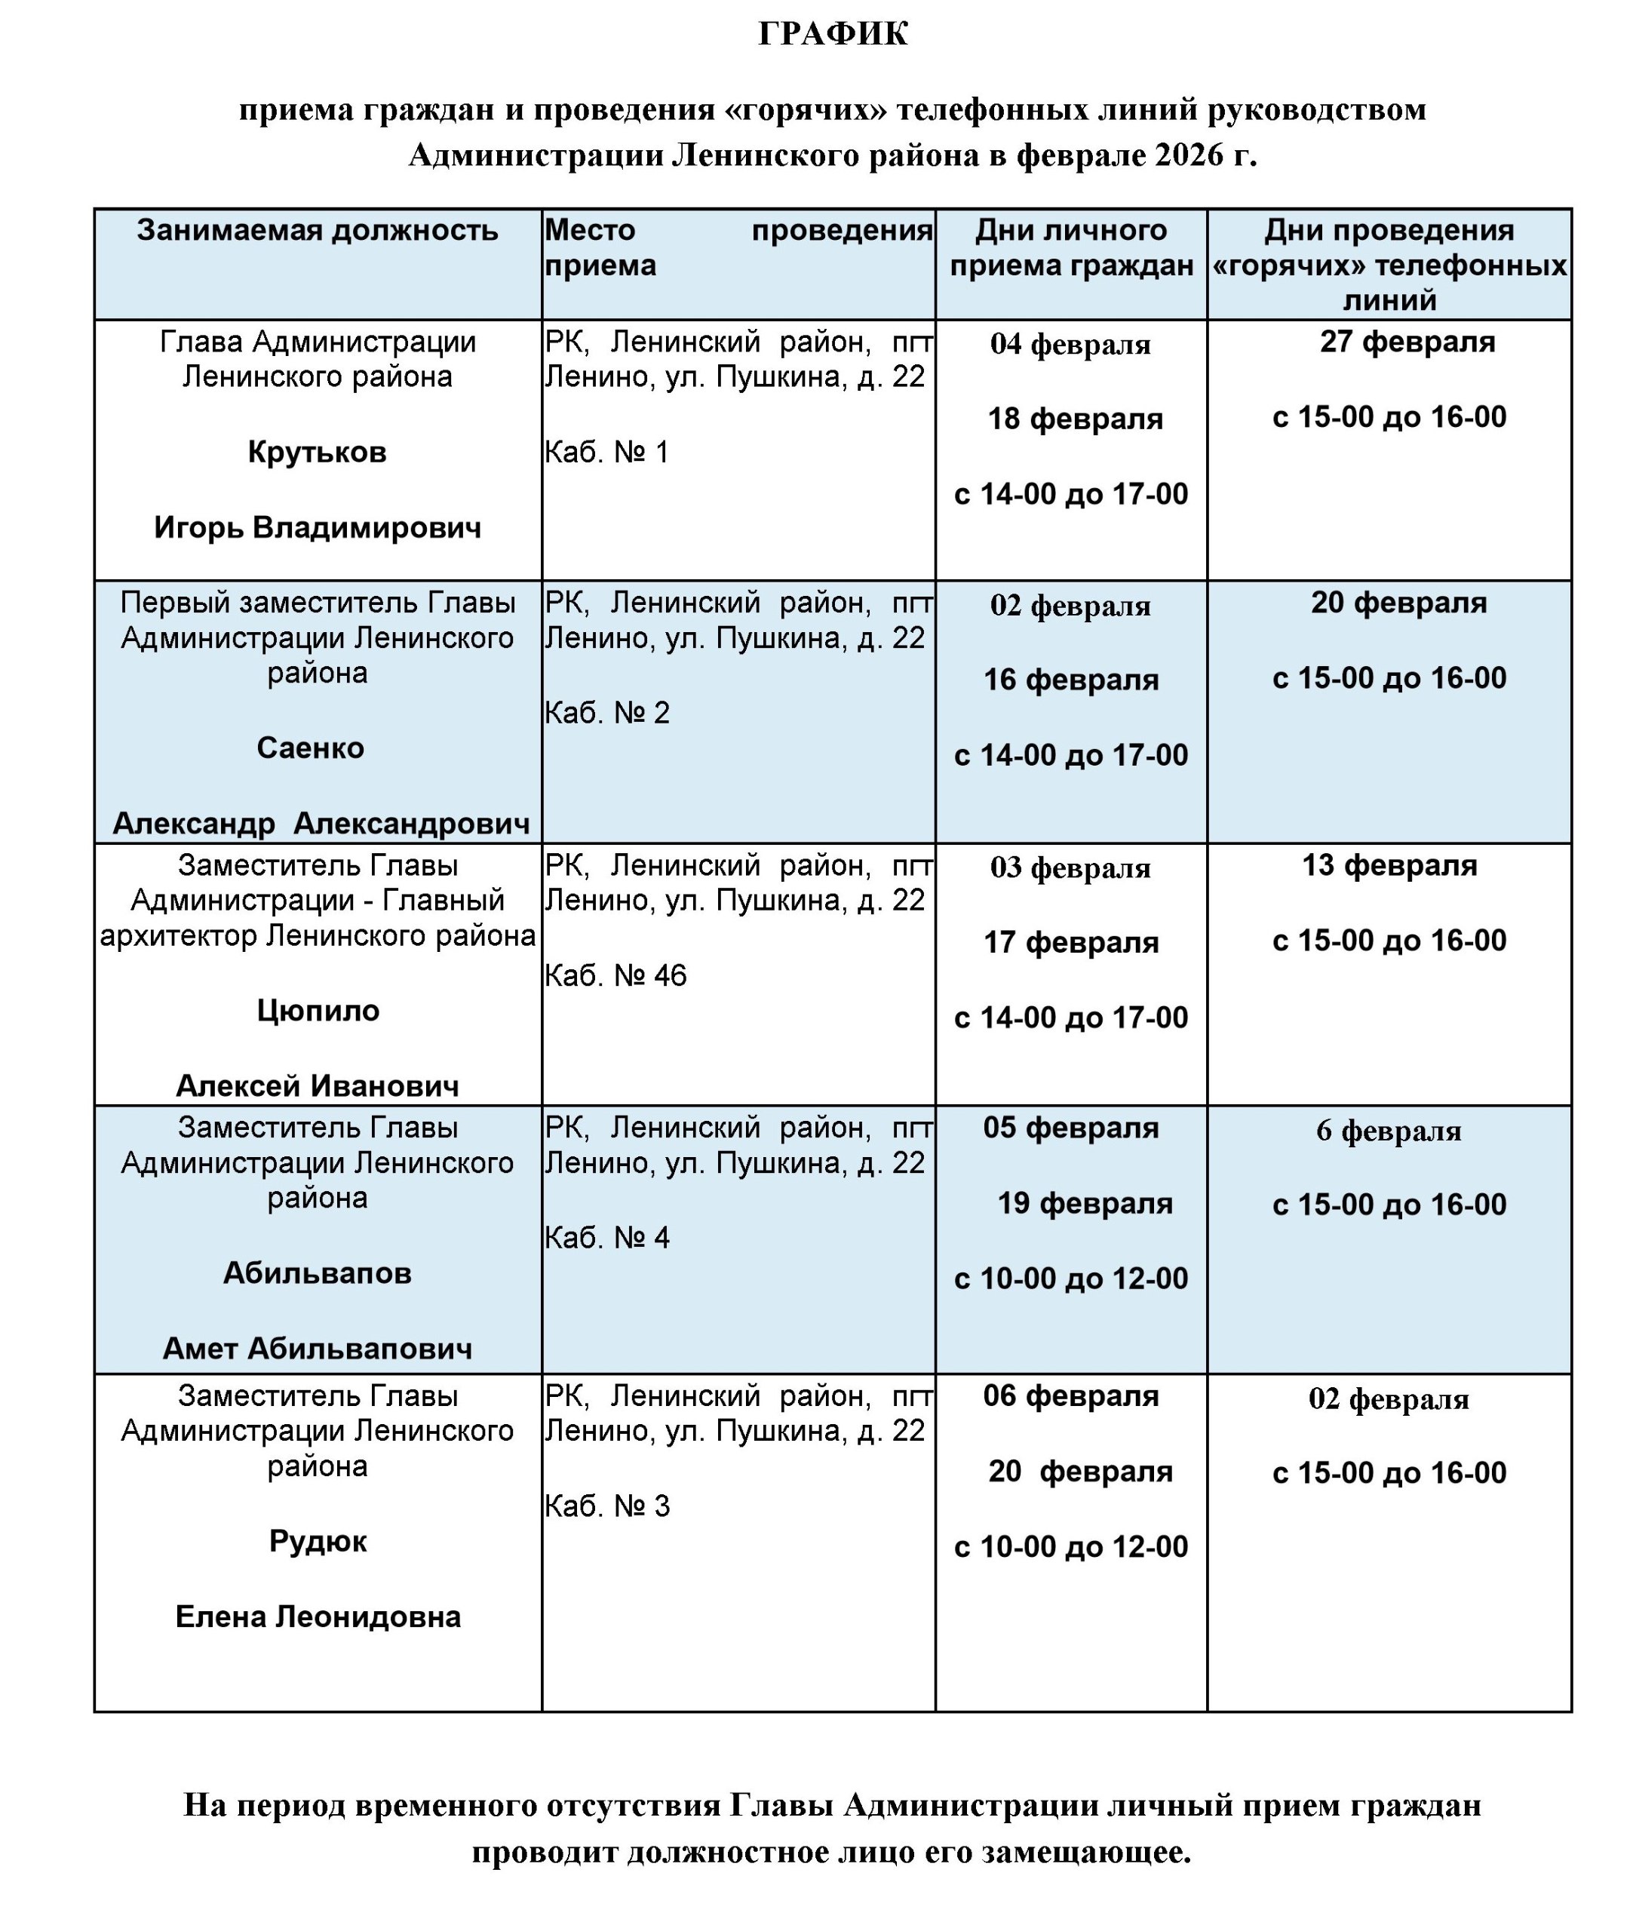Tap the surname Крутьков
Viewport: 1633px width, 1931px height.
[x=318, y=452]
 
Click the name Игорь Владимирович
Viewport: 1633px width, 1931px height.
[x=318, y=528]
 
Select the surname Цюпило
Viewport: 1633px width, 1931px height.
[x=318, y=1010]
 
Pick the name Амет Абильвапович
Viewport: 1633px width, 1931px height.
[x=318, y=1348]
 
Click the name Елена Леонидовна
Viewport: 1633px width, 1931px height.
[x=318, y=1616]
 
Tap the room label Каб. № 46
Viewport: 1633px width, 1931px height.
[x=615, y=975]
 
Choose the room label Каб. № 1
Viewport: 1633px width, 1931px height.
[x=606, y=452]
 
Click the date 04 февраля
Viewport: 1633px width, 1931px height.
[x=1070, y=345]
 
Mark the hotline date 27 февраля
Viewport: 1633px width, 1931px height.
[x=1407, y=342]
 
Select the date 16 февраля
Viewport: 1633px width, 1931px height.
[x=1071, y=680]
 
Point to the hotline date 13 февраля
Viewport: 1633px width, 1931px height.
[x=1389, y=864]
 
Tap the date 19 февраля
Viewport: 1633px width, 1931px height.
[x=1084, y=1202]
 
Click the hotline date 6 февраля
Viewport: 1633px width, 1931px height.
[x=1389, y=1130]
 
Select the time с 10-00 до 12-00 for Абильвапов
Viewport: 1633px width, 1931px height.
[x=1071, y=1279]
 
